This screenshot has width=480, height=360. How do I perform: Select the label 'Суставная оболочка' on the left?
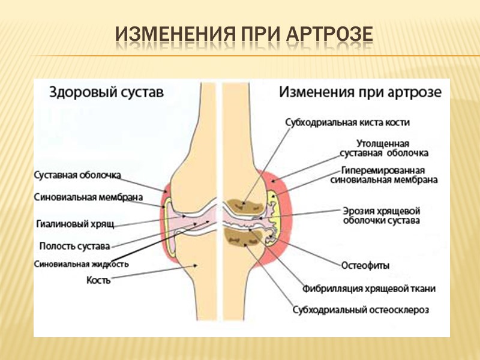pos(77,175)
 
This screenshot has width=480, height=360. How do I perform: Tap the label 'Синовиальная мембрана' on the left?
pos(88,196)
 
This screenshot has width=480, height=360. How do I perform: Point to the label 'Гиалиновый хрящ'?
pos(75,224)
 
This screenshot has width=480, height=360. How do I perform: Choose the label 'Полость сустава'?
pos(74,245)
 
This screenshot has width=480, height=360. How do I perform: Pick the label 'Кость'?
pos(98,280)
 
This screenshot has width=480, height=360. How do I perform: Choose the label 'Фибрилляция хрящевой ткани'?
pos(369,289)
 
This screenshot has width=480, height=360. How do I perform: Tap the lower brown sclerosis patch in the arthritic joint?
pos(242,236)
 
